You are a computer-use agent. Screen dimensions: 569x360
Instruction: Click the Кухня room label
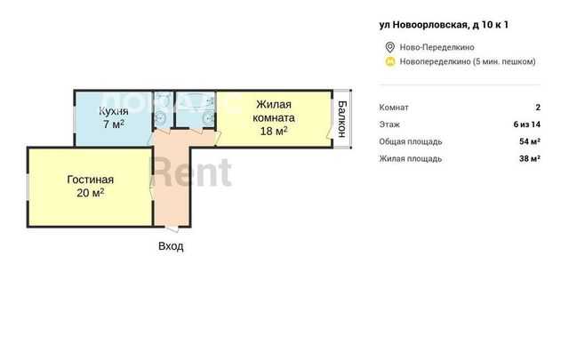coord(114,111)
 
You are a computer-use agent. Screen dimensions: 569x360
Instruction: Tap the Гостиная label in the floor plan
coord(91,180)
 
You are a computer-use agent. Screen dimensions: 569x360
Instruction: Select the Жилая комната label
coord(274,111)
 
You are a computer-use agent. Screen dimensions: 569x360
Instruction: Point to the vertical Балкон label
coord(341,119)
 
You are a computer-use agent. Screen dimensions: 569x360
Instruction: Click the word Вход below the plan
coord(171,246)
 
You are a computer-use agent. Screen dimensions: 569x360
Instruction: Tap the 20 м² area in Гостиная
coord(91,192)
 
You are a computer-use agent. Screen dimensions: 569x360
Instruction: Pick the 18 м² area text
coord(274,131)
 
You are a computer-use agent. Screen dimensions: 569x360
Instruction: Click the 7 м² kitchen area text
coord(114,124)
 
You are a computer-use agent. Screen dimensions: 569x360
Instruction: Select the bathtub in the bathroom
coord(195,100)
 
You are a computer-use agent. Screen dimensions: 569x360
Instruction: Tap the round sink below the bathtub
coord(208,118)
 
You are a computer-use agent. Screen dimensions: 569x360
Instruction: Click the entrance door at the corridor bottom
coord(172,228)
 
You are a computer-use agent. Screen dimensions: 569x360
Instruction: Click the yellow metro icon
coord(389,61)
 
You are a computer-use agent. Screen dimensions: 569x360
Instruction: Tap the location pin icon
coord(389,47)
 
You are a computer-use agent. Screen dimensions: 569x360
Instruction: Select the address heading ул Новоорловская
coord(444,25)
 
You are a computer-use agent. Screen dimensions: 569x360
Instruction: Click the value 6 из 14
coord(527,124)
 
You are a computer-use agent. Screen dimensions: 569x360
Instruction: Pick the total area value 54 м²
coord(530,141)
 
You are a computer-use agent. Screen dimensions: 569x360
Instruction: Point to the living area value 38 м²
coord(530,158)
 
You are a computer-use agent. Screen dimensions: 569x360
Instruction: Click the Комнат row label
coord(394,108)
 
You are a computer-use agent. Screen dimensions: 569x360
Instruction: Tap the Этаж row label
coord(389,124)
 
